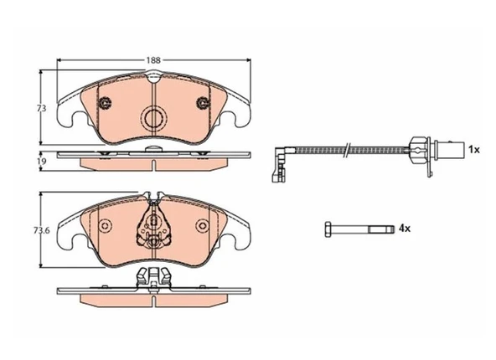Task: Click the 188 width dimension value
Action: point(153,60)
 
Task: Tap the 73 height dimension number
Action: point(41,108)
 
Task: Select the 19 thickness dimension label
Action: point(41,162)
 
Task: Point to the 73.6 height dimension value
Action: point(42,230)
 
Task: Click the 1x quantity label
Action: point(474,150)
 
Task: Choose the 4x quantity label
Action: point(405,229)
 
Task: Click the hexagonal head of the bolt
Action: point(328,229)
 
